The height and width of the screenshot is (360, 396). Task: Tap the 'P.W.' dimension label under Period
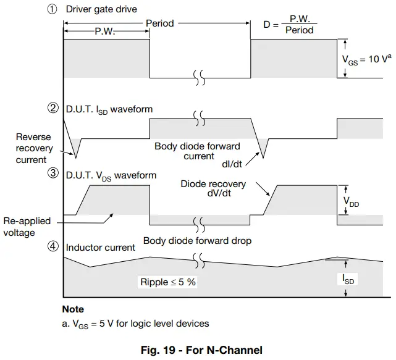104,31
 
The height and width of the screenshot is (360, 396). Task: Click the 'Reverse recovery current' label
33,148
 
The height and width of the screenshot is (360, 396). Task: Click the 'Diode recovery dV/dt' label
213,189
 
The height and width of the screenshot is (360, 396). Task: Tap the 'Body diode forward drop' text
197,241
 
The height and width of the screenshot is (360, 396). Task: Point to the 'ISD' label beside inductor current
350,279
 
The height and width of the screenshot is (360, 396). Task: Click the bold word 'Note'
73,309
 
